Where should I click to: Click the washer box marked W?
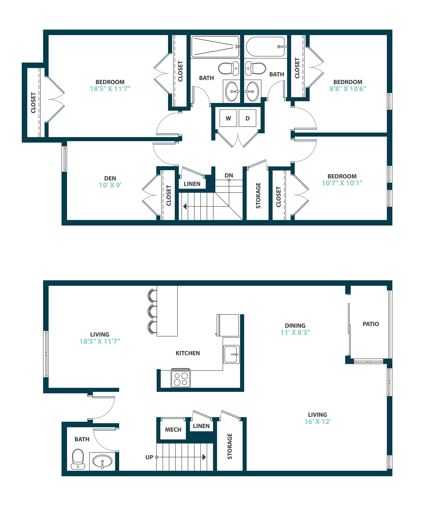(228, 118)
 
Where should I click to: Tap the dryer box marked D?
(248, 118)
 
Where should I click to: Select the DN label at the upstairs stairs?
(229, 176)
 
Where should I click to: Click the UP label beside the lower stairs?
(149, 457)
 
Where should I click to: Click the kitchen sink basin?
(231, 354)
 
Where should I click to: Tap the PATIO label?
(371, 324)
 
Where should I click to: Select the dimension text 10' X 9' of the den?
(110, 185)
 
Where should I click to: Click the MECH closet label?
(173, 430)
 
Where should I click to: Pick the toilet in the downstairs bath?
(78, 459)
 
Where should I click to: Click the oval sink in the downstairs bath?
(102, 461)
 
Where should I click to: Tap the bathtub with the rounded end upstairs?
(265, 47)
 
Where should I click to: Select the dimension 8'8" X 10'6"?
(348, 89)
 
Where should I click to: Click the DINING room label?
(295, 326)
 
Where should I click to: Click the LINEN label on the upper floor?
(192, 184)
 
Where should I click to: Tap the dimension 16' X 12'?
(317, 421)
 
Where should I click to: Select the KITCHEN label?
(188, 353)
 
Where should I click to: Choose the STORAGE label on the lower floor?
(230, 446)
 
